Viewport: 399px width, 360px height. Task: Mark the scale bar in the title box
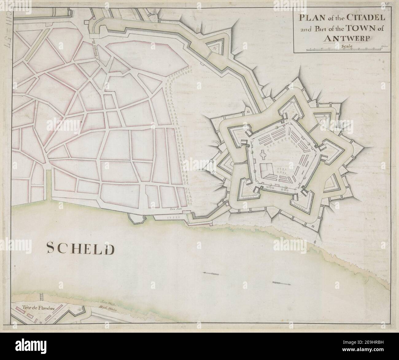[345, 50]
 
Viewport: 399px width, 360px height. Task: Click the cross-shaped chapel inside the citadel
[264, 155]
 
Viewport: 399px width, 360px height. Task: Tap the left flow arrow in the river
[211, 273]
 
